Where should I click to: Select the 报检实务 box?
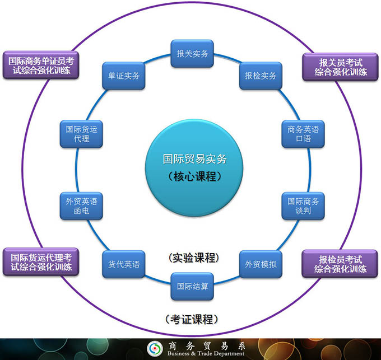pyautogui.click(x=261, y=76)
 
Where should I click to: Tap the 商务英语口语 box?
pyautogui.click(x=303, y=134)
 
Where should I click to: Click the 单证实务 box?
pyautogui.click(x=124, y=76)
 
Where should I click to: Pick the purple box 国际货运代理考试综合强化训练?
pyautogui.click(x=40, y=261)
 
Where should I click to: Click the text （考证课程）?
pyautogui.click(x=192, y=319)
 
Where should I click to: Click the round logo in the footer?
pyautogui.click(x=154, y=349)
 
